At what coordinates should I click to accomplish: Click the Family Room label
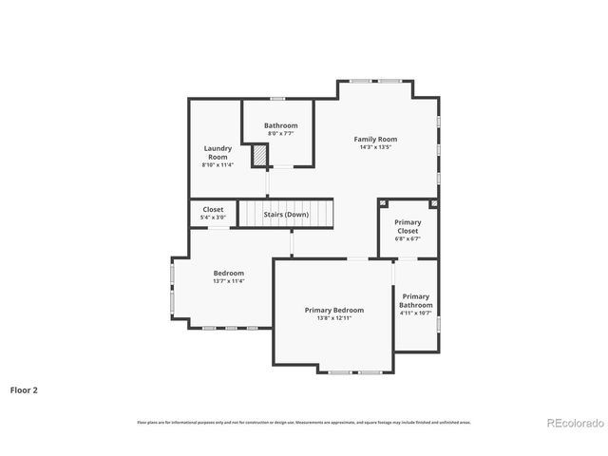375,139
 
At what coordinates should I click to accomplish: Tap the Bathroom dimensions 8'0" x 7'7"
280,133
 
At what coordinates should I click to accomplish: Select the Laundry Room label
217,152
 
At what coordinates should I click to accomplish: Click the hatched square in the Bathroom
258,155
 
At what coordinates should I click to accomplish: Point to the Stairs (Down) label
286,215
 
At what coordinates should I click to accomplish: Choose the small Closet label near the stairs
213,210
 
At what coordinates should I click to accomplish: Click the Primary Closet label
408,226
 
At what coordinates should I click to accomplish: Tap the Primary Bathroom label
415,300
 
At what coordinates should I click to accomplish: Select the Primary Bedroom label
333,310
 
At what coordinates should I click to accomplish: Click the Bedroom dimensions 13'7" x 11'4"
228,281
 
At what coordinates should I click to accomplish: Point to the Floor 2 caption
24,389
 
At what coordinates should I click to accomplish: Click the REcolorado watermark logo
573,422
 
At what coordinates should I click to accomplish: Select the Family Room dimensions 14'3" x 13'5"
375,147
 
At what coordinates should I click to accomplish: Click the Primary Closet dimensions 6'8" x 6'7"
408,238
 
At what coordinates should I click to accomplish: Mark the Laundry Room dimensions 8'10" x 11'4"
217,165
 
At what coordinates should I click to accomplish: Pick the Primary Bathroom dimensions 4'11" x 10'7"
415,313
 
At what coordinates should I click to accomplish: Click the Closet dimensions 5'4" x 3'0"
213,218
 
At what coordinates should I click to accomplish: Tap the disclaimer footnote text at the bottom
304,422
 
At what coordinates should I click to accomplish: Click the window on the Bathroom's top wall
277,99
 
